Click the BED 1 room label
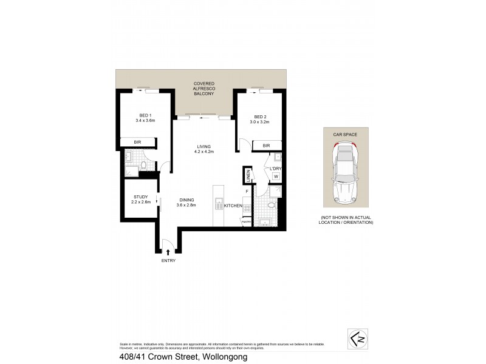[x=145, y=115]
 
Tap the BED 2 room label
[x=260, y=117]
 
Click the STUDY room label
[x=141, y=196]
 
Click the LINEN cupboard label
[x=248, y=176]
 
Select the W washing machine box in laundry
[x=275, y=177]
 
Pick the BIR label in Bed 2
[x=266, y=146]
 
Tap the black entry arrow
[x=168, y=251]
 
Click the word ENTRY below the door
[x=168, y=261]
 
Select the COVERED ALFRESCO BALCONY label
[x=204, y=89]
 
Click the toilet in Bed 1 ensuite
[x=145, y=164]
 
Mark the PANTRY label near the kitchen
[x=246, y=222]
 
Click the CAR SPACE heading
[x=345, y=133]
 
